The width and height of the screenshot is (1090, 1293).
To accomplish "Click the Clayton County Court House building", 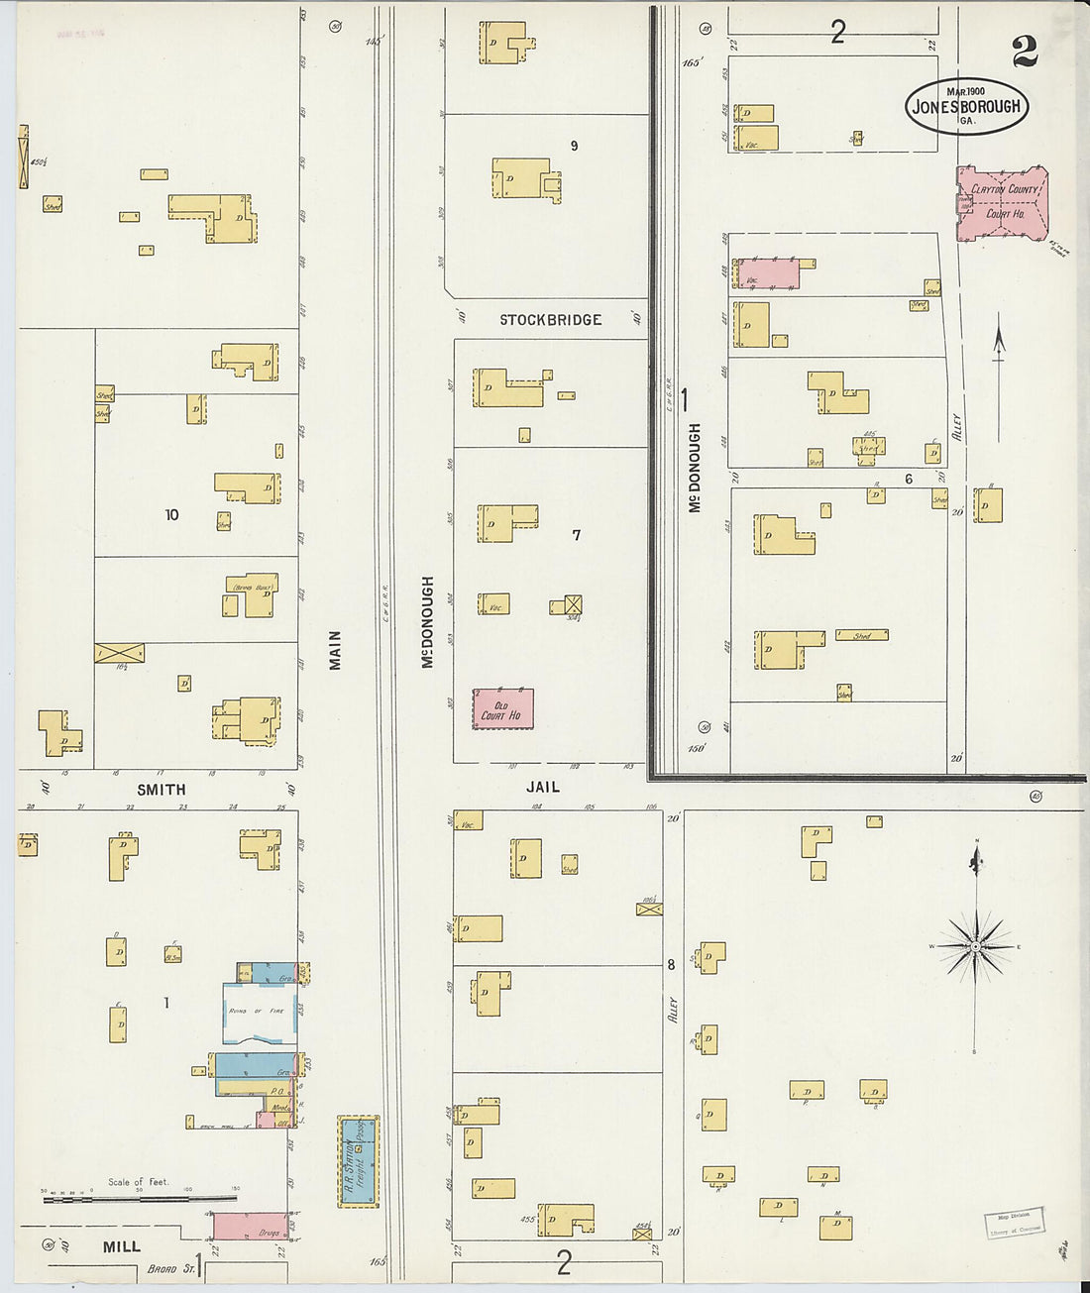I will pyautogui.click(x=1002, y=202).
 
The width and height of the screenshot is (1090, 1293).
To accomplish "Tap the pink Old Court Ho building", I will pyautogui.click(x=502, y=709).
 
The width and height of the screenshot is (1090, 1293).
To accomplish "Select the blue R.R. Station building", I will pyautogui.click(x=358, y=1160).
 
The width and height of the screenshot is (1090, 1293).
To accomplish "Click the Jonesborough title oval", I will pyautogui.click(x=966, y=106).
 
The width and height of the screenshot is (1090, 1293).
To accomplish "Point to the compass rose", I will pyautogui.click(x=976, y=946).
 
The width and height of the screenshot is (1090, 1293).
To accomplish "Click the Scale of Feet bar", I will pyautogui.click(x=139, y=1198).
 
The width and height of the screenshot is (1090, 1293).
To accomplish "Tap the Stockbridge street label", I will pyautogui.click(x=550, y=320).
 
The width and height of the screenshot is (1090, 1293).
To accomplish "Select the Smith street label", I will pyautogui.click(x=161, y=790).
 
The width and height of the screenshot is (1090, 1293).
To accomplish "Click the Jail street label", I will pyautogui.click(x=543, y=787).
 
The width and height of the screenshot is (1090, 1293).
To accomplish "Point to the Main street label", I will pyautogui.click(x=335, y=650).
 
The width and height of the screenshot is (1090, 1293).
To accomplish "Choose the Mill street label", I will pyautogui.click(x=122, y=1247).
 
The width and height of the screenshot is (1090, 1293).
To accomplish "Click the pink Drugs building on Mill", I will pyautogui.click(x=251, y=1227).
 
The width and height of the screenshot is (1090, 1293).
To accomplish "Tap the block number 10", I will pyautogui.click(x=171, y=514).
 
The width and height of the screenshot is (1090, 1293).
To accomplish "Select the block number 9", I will pyautogui.click(x=574, y=146).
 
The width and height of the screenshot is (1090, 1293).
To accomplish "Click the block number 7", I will pyautogui.click(x=576, y=535).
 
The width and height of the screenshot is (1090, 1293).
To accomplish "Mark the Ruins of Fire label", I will pyautogui.click(x=256, y=1011).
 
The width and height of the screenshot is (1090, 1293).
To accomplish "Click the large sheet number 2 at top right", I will pyautogui.click(x=1025, y=53).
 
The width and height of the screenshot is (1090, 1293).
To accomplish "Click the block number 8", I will pyautogui.click(x=671, y=964).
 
